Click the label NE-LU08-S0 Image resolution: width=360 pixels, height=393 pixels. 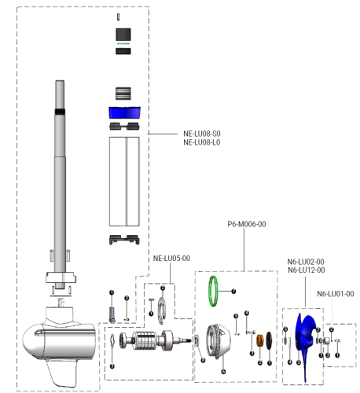click(202, 134)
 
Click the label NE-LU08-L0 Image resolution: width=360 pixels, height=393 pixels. click(202, 142)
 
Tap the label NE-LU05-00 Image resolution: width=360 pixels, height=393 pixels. click(171, 258)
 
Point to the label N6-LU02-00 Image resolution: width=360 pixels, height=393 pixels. click(306, 262)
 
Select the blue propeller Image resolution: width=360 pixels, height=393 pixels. click(303, 340)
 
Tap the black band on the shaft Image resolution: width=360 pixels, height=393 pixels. click(60, 111)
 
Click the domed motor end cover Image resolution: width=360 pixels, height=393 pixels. click(215, 343)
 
